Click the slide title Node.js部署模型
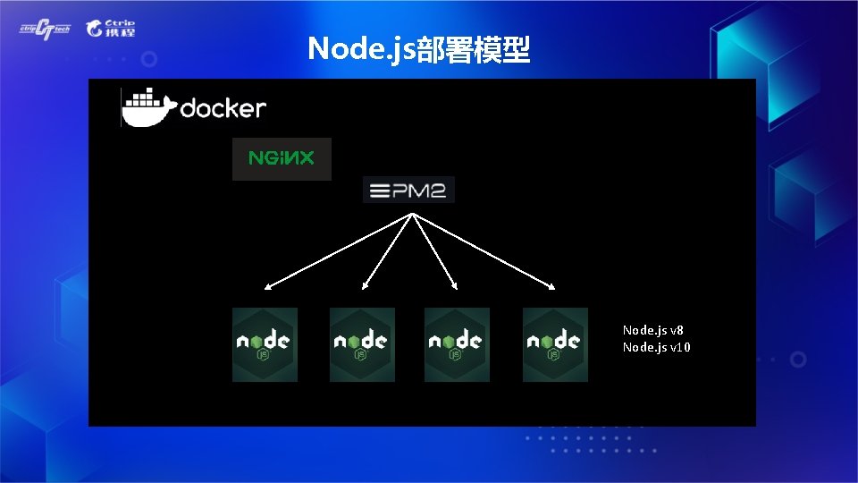pyautogui.click(x=419, y=50)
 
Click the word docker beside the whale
pyautogui.click(x=223, y=109)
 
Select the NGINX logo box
pyautogui.click(x=282, y=159)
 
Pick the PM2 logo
pyautogui.click(x=409, y=190)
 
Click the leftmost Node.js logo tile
pyautogui.click(x=265, y=344)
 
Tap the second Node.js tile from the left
pyautogui.click(x=362, y=344)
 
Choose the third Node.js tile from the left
pyautogui.click(x=457, y=344)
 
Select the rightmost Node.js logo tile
pyautogui.click(x=555, y=344)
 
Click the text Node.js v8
pyautogui.click(x=653, y=330)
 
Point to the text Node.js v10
pyautogui.click(x=657, y=347)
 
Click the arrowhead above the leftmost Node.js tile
pyautogui.click(x=267, y=288)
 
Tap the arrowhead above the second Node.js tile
pyautogui.click(x=365, y=288)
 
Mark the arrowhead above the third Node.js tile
pyautogui.click(x=455, y=287)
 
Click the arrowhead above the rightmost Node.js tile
pyautogui.click(x=552, y=287)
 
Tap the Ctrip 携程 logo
pyautogui.click(x=111, y=29)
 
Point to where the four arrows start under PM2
pyautogui.click(x=410, y=214)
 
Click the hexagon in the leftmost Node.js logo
pyautogui.click(x=265, y=341)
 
